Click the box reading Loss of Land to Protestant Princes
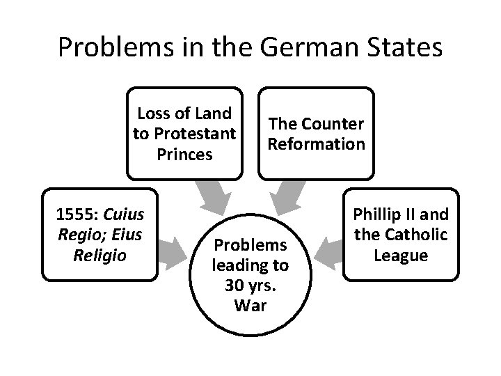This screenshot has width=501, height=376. pyautogui.click(x=184, y=132)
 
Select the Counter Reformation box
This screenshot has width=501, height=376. pyautogui.click(x=316, y=132)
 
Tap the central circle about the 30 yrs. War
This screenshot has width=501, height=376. pyautogui.click(x=250, y=275)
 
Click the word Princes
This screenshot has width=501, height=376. pyautogui.click(x=184, y=154)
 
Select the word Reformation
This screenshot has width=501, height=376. pyautogui.click(x=317, y=143)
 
